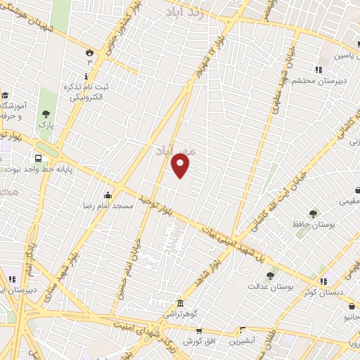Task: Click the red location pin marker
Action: (x=181, y=166)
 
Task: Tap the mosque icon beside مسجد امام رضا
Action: (x=108, y=195)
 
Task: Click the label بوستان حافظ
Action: (x=313, y=224)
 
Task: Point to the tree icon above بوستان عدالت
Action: (x=270, y=276)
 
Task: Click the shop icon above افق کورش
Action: (x=199, y=330)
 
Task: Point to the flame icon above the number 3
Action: (x=89, y=53)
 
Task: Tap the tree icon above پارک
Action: (x=46, y=113)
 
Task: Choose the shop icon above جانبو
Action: (x=351, y=307)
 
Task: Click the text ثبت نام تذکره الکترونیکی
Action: (x=88, y=91)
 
